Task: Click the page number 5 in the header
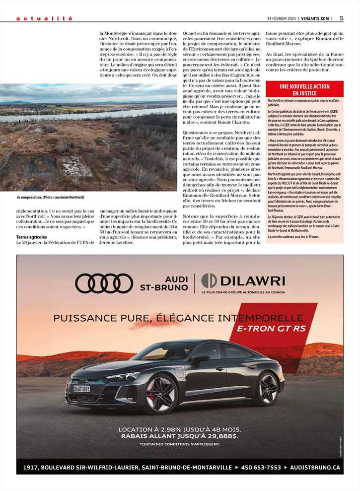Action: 342,18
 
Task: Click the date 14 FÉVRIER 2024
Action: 283,19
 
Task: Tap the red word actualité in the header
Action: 44,18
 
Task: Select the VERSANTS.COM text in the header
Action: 318,19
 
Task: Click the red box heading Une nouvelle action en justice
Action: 304,90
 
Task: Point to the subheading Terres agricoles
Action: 32,237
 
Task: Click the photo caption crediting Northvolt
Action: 50,197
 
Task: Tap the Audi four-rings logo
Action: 104,283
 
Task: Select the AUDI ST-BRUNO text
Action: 164,283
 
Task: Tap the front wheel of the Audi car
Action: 160,394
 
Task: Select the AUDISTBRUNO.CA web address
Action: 314,467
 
